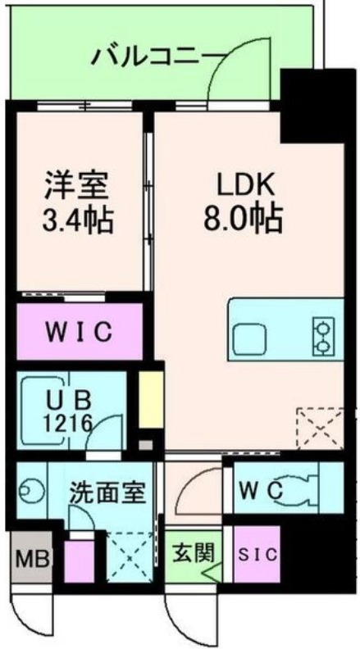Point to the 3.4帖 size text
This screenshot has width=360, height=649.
[x=78, y=220]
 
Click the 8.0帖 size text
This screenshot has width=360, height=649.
[x=244, y=219]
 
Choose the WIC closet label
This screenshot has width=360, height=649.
[x=78, y=334]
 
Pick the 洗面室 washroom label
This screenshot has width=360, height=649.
[x=107, y=493]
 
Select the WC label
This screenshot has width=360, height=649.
[x=260, y=490]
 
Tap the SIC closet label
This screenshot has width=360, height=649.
[x=257, y=554]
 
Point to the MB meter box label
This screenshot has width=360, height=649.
[x=32, y=560]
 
